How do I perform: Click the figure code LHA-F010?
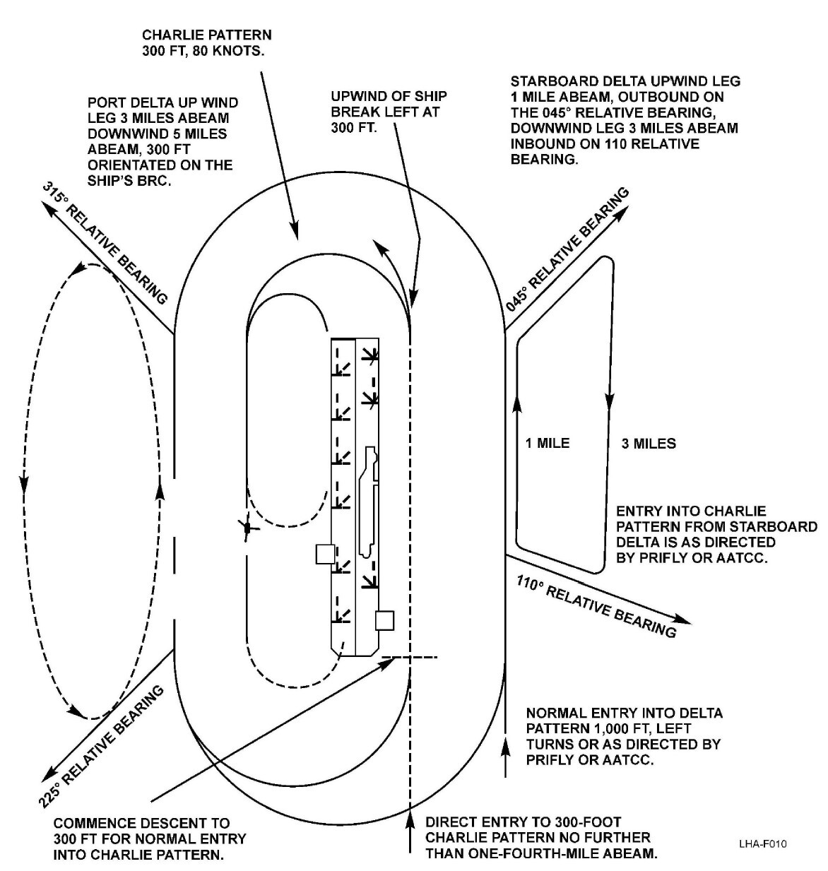(763, 844)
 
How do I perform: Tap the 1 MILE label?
(548, 444)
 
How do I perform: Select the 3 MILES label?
(649, 444)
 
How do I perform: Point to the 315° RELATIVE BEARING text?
(106, 242)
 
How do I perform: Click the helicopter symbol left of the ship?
(245, 527)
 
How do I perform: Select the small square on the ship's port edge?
(325, 554)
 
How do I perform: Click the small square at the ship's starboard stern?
(384, 620)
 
